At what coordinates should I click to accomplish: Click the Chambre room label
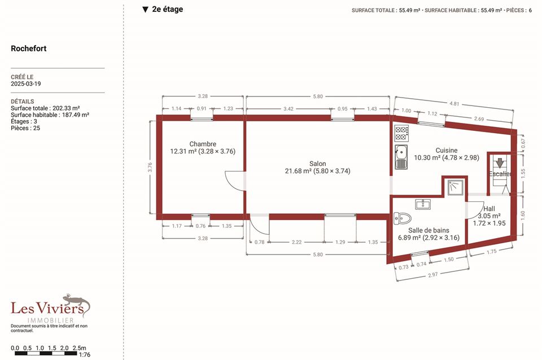203,144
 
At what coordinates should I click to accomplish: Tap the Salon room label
318,164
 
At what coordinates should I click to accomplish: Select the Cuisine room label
446,150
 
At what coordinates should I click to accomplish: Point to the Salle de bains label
429,230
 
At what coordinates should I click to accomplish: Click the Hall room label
489,209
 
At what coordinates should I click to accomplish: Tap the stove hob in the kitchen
401,133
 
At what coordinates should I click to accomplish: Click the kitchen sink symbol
401,157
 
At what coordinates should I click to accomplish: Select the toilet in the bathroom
402,218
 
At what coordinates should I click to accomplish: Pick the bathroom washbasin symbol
423,204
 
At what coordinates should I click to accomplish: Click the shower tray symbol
455,187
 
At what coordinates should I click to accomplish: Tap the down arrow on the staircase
500,163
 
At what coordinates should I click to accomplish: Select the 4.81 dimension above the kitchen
454,103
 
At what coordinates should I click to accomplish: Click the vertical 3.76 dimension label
150,167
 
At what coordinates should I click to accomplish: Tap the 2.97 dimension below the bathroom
433,275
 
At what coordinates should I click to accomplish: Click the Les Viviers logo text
47,308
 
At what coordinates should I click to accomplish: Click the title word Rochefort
29,49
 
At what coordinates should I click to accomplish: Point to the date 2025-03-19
25,84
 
